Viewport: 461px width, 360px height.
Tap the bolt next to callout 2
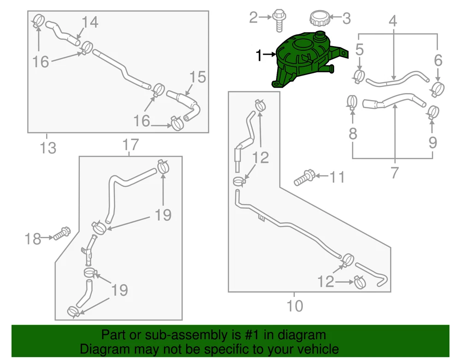278,20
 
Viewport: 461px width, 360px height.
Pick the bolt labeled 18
62,234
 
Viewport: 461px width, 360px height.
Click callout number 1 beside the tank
259,55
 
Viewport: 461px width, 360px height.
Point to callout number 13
47,148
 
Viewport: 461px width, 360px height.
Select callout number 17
130,145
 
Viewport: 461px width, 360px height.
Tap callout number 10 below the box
295,306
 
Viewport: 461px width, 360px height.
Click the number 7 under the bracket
395,172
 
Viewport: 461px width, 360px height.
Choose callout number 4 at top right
393,21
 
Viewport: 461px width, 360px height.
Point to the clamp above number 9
432,112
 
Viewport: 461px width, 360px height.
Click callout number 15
198,77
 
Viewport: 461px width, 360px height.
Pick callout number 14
90,22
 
